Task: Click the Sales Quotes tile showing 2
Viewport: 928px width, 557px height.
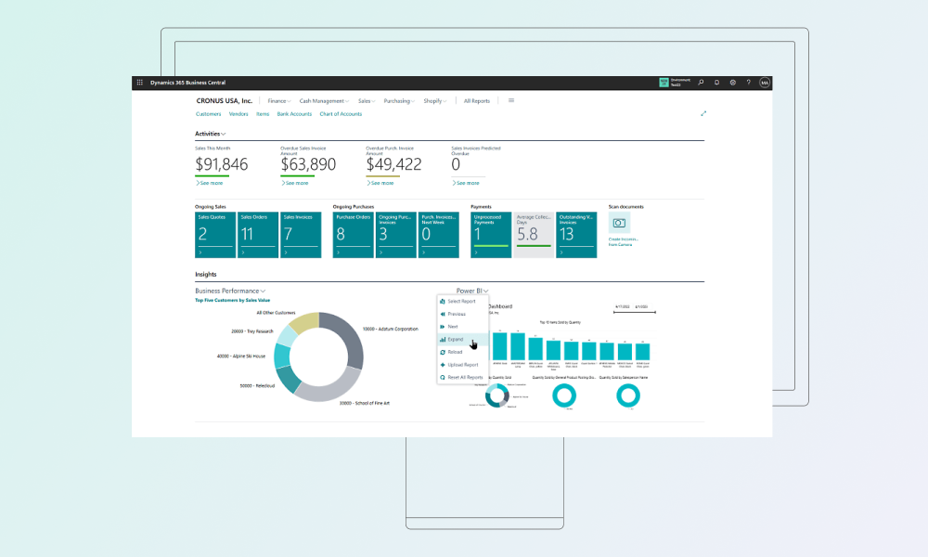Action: point(214,235)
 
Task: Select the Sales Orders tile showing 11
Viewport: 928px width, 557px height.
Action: point(258,235)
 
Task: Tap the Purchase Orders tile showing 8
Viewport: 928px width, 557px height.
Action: point(353,235)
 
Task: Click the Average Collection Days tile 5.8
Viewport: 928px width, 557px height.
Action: point(533,235)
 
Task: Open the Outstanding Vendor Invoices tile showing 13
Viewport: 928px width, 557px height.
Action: point(577,235)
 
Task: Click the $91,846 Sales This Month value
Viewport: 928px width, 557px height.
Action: point(222,164)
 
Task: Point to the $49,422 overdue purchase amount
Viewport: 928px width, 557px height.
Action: point(393,164)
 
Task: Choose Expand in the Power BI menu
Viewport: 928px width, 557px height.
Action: point(456,340)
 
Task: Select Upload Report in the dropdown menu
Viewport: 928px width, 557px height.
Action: point(462,365)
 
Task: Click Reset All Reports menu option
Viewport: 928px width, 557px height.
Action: point(465,377)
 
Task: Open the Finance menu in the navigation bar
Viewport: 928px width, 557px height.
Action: point(278,101)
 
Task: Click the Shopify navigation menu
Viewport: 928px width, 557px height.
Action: point(433,101)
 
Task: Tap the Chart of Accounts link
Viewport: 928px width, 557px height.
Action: point(341,114)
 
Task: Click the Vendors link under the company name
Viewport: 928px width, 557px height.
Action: point(238,114)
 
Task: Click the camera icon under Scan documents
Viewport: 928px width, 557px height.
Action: point(619,223)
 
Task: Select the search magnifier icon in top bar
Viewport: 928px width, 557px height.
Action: point(701,83)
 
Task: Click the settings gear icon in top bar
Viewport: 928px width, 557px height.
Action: point(732,83)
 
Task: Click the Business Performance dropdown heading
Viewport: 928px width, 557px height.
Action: point(230,291)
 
